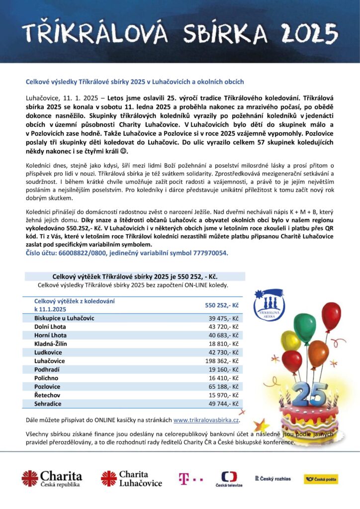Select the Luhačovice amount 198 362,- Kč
point(223,360)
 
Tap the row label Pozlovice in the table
point(47,386)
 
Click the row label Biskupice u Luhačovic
point(64,318)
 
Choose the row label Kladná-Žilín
point(50,343)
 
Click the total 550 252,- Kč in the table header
point(222,305)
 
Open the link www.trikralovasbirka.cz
point(206,421)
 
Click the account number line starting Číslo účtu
point(127,253)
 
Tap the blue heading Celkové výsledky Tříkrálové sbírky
point(135,82)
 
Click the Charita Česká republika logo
point(52,478)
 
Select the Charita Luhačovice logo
point(131,478)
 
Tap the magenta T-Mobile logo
point(190,479)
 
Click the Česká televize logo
point(229,479)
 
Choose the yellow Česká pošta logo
point(321,479)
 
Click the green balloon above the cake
point(304,327)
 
